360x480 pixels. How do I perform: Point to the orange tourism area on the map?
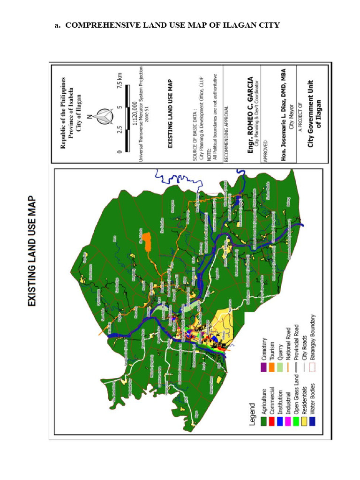[147, 242]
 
